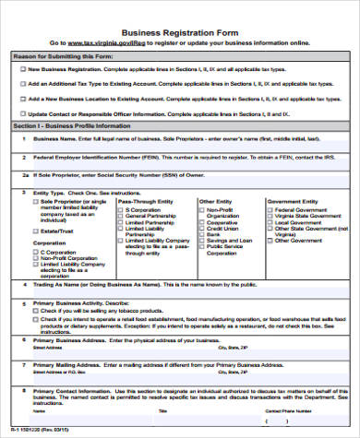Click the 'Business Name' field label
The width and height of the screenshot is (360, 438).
tap(56, 138)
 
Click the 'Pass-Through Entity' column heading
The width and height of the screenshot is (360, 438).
tap(142, 200)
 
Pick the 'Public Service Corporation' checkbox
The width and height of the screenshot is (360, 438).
tap(202, 247)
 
